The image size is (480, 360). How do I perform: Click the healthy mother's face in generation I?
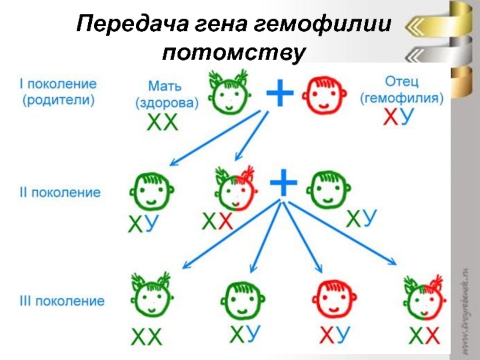[229, 93]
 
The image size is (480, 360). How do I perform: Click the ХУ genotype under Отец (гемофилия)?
[398, 118]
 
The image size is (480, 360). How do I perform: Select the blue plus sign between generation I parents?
[280, 94]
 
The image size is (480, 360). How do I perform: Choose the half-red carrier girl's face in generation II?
[236, 188]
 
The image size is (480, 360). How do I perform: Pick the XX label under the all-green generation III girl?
[148, 338]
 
